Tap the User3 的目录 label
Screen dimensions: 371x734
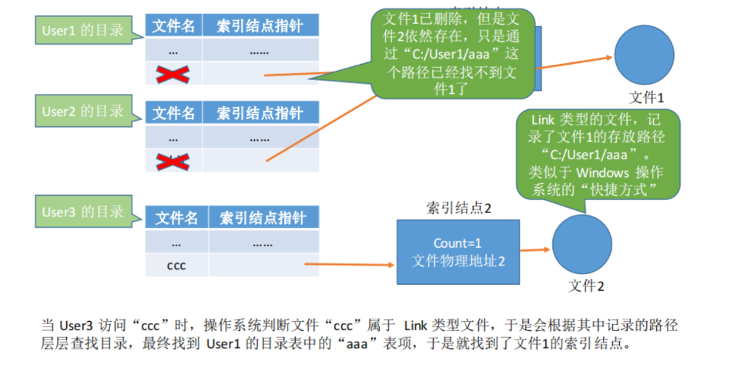[82, 212]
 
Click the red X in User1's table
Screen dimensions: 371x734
[173, 74]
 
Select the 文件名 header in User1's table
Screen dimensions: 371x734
[173, 26]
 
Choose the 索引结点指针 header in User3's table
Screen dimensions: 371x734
[262, 218]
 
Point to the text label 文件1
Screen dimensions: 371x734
[646, 97]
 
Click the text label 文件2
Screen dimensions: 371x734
[586, 286]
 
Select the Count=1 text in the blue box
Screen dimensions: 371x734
[457, 243]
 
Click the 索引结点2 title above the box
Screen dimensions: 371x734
[458, 208]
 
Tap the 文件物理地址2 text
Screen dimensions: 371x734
[457, 260]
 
